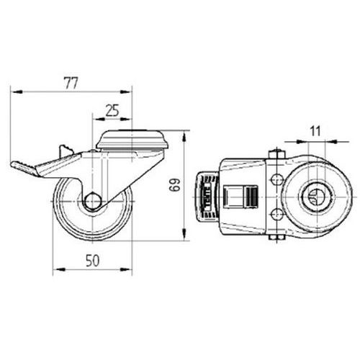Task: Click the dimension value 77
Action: (71, 84)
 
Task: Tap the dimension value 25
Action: (112, 111)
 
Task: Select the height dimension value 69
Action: (175, 184)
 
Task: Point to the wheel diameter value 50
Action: (92, 261)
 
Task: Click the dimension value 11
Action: (315, 131)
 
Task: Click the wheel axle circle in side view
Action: (93, 201)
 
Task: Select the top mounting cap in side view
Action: (132, 140)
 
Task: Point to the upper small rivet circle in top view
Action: (277, 179)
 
